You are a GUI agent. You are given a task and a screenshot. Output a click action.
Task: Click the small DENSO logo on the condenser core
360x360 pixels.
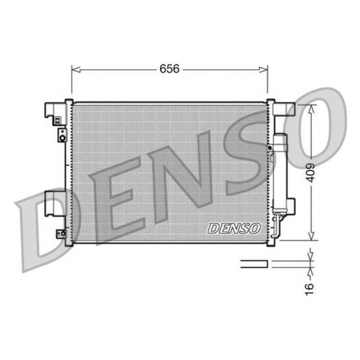click(x=234, y=228)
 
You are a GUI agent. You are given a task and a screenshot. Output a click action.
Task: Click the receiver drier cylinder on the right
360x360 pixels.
click(x=280, y=172)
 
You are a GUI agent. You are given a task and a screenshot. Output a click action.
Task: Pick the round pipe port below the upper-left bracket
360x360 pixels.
click(x=62, y=136)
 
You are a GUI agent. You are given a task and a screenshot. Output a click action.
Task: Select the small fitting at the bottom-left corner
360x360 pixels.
click(x=62, y=234)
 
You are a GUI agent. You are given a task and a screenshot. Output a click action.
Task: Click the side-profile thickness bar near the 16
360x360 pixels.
click(x=254, y=264)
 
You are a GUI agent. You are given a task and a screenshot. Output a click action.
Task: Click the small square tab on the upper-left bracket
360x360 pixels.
click(x=58, y=121)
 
